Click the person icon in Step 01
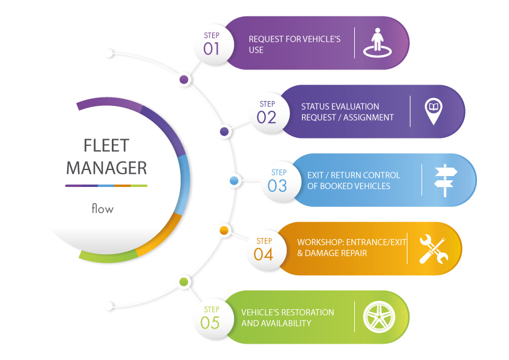[377, 42]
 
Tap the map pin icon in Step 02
[433, 111]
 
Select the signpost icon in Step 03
[446, 180]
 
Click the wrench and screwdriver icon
[433, 249]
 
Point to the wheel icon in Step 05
[379, 317]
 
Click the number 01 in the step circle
[211, 49]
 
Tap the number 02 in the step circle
[266, 117]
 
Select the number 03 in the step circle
[277, 186]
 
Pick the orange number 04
[263, 254]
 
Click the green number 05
[210, 323]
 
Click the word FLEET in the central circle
[106, 146]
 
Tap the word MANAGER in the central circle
[106, 168]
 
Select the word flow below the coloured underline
[103, 208]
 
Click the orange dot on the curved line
[224, 231]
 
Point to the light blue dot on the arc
[234, 181]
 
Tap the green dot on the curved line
[184, 282]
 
